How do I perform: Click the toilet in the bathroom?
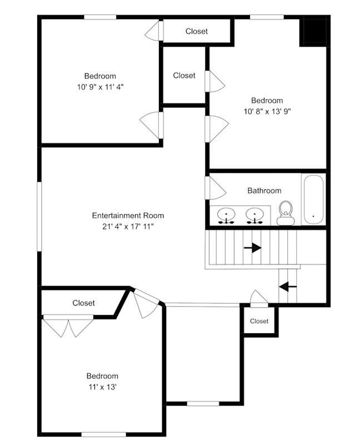point(286,213)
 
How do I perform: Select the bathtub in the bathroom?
point(313,199)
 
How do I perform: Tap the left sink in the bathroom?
point(226,216)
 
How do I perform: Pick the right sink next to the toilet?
point(255,216)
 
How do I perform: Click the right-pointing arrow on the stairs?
point(252,248)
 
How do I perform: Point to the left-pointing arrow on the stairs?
point(288,287)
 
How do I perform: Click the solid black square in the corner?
point(313,31)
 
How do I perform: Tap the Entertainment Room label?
point(128,216)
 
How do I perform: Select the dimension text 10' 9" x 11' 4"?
point(101,87)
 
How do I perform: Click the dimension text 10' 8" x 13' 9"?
point(267,112)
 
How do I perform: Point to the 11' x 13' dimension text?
point(102,387)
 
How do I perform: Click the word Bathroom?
point(264,191)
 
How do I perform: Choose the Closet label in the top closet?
point(197,31)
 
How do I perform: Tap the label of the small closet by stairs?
point(259,321)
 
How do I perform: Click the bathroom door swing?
point(216,188)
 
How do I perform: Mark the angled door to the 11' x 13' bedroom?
point(146,304)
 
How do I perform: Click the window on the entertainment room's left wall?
point(39,216)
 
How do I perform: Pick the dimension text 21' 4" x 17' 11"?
point(128,227)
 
